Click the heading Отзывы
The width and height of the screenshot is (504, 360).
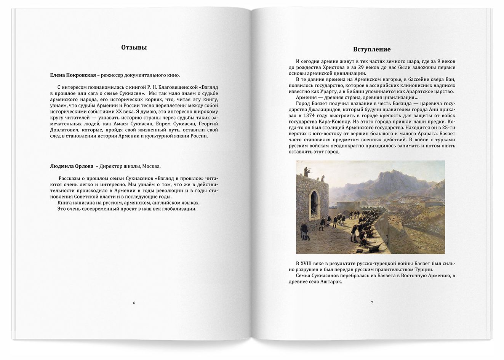pyautogui.click(x=134, y=48)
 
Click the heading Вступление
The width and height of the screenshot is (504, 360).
pyautogui.click(x=372, y=50)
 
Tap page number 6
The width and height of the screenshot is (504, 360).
pyautogui.click(x=134, y=303)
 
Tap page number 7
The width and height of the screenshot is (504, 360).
pyautogui.click(x=372, y=303)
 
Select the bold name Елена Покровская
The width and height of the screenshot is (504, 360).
pyautogui.click(x=73, y=75)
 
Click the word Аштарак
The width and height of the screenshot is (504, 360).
pyautogui.click(x=331, y=282)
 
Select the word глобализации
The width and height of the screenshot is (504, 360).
pyautogui.click(x=179, y=209)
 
